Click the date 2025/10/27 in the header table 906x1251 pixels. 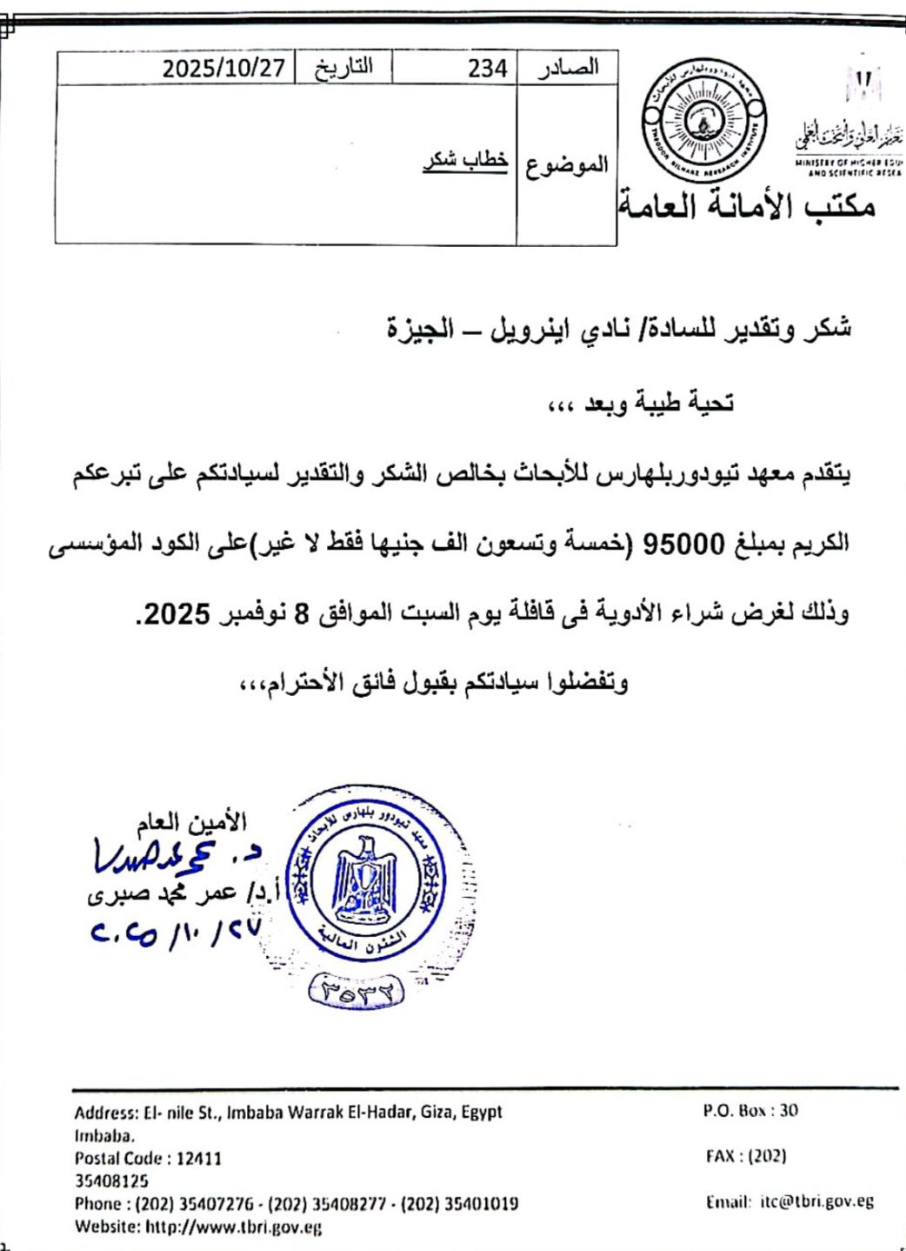click(x=224, y=68)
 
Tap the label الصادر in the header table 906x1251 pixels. click(x=568, y=67)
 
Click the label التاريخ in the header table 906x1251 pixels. click(x=343, y=67)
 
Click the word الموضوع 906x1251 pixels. click(x=566, y=164)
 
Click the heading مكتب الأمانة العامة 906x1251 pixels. click(x=747, y=206)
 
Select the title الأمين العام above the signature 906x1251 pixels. click(x=192, y=820)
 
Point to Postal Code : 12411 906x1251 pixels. click(x=148, y=1158)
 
